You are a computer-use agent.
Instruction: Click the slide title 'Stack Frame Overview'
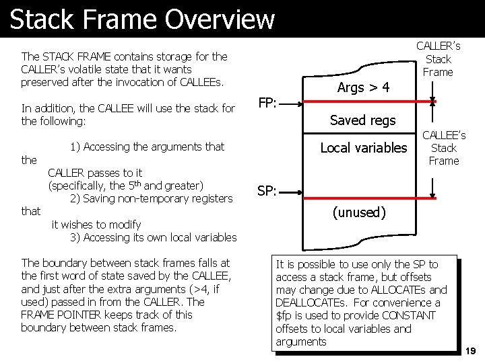[142, 19]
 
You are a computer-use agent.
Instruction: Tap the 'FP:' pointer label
[269, 104]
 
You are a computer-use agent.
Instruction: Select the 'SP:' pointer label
[267, 191]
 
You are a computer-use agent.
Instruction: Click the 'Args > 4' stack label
[363, 87]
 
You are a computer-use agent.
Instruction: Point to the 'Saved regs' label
[363, 120]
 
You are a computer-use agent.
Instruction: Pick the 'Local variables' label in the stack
[364, 148]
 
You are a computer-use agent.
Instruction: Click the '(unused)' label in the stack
[359, 213]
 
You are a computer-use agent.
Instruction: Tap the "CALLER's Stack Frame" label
[439, 59]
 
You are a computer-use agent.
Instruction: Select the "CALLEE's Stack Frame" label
[444, 148]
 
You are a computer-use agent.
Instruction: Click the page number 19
[470, 351]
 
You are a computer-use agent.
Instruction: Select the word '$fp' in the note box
[283, 316]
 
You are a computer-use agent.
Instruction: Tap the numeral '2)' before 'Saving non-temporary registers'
[75, 198]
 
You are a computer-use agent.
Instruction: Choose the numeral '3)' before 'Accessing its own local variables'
[75, 237]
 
